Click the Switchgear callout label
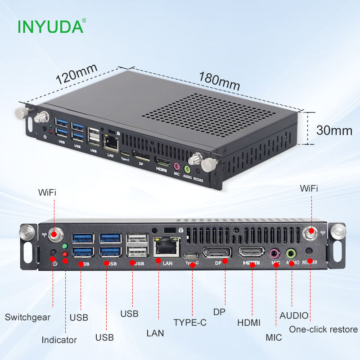tap(27, 317)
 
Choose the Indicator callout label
tap(59, 340)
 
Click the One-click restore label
tap(323, 329)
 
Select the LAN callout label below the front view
tap(155, 333)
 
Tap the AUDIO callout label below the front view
tap(294, 316)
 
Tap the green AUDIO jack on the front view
tap(292, 253)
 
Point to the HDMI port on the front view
tap(252, 253)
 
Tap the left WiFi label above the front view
tap(47, 192)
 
